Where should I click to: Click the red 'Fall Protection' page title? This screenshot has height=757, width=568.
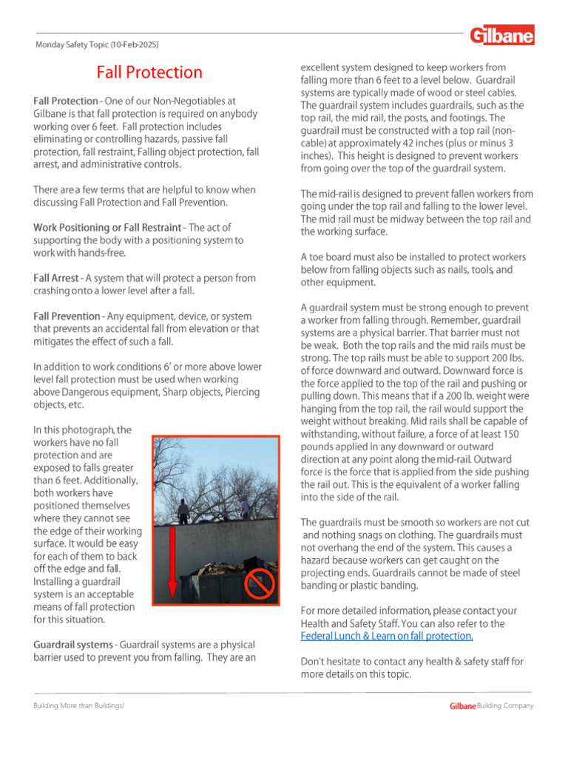coord(149,72)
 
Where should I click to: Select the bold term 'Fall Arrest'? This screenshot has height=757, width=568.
coord(55,279)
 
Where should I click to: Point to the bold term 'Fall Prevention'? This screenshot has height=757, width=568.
coord(66,316)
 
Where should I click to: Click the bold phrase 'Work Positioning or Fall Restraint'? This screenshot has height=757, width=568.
coord(107,228)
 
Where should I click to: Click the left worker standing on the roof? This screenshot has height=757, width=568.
coord(183,509)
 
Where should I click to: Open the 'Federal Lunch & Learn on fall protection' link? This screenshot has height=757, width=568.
coord(386,636)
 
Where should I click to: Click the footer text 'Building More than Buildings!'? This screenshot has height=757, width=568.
coord(79,706)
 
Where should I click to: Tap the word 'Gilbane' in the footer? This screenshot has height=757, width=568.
coord(462,706)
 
